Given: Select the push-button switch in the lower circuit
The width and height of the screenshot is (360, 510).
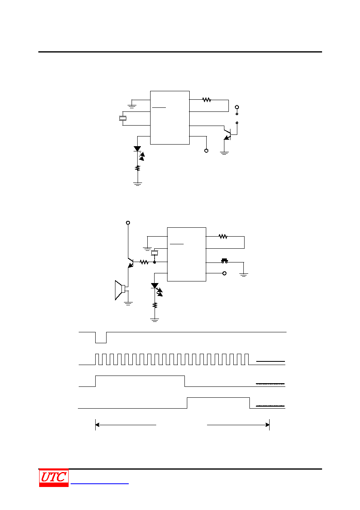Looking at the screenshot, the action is [x=225, y=261].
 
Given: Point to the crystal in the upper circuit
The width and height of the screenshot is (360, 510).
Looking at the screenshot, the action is [x=123, y=118].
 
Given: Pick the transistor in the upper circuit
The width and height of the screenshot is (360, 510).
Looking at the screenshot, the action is [x=228, y=134].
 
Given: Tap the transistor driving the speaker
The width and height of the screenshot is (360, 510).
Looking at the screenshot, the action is [x=130, y=263].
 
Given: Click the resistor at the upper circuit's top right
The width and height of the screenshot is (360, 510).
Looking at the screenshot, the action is [x=207, y=100].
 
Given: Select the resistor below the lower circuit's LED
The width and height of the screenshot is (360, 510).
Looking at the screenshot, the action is [x=155, y=305].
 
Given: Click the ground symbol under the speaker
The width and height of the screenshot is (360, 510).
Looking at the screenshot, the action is [x=128, y=303].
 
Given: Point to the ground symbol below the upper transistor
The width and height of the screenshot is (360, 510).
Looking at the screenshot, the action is [x=224, y=153].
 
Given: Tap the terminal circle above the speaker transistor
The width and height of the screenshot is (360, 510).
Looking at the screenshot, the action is [x=128, y=222].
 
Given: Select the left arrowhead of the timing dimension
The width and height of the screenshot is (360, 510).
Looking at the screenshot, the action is [x=97, y=425].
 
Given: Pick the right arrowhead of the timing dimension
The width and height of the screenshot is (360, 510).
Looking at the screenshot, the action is [x=268, y=425].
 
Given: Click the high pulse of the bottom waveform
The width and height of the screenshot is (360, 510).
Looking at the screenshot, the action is [x=218, y=397].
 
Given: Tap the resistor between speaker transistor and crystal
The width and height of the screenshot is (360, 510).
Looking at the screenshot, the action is [x=144, y=262].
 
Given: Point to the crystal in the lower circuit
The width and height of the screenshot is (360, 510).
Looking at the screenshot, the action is [x=155, y=253].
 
